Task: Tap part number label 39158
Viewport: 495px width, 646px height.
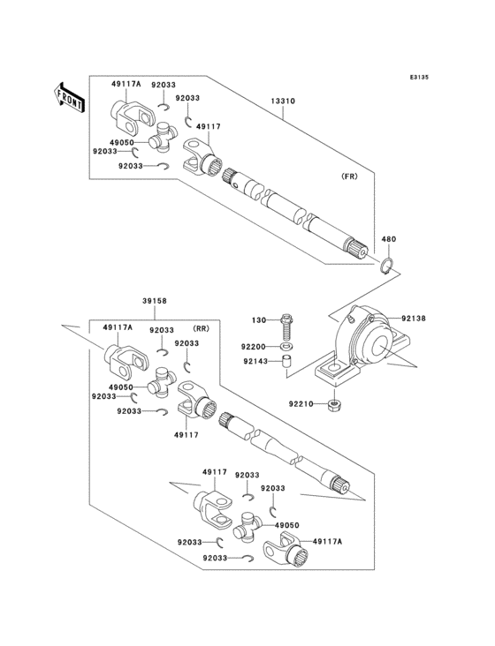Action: pyautogui.click(x=155, y=301)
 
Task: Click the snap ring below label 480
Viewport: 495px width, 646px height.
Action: pyautogui.click(x=388, y=264)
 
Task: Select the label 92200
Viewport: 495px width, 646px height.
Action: pyautogui.click(x=255, y=348)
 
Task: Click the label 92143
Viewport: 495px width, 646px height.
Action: pyautogui.click(x=255, y=360)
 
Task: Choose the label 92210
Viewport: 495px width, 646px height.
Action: pyautogui.click(x=300, y=405)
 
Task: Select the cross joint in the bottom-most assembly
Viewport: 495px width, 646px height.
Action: pyautogui.click(x=247, y=530)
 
